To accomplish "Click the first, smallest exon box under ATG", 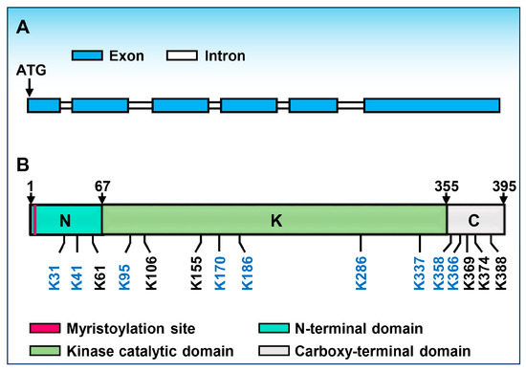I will pyautogui.click(x=43, y=105).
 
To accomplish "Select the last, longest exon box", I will pyautogui.click(x=430, y=105).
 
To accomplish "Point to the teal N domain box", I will pyautogui.click(x=68, y=219).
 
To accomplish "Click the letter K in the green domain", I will pyautogui.click(x=275, y=219).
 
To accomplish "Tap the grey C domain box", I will pyautogui.click(x=475, y=219).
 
